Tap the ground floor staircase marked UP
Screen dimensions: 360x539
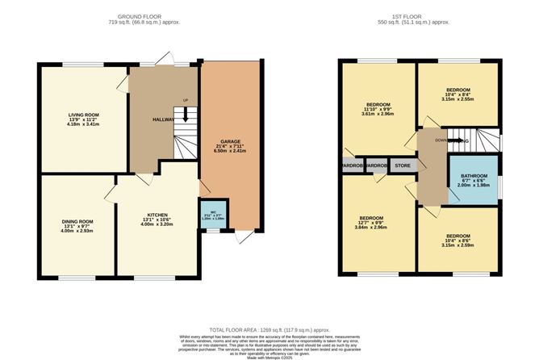pyautogui.click(x=185, y=125)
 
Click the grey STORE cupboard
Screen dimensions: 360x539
pyautogui.click(x=403, y=167)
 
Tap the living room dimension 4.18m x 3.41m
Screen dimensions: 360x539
pyautogui.click(x=83, y=125)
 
